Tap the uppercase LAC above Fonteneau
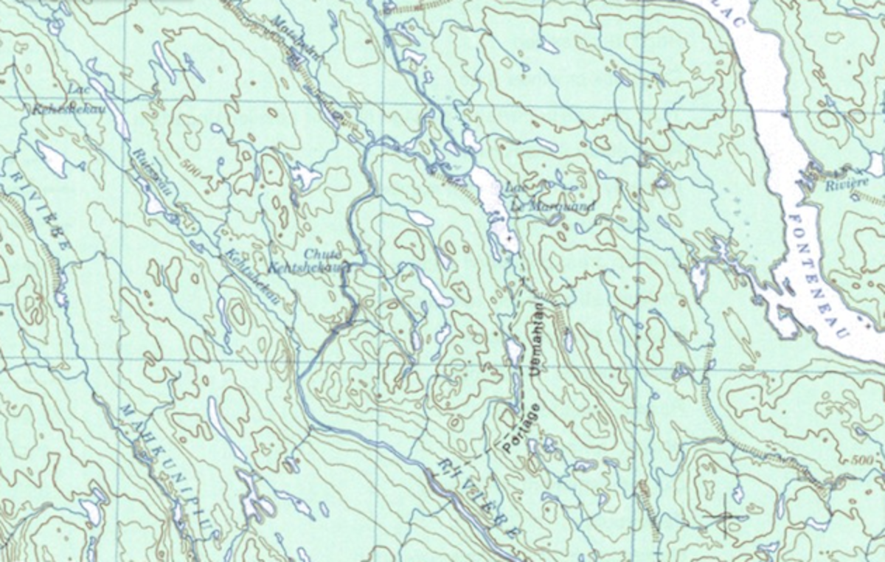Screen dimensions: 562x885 click(x=737, y=15)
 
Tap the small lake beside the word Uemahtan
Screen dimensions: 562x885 click(x=513, y=350)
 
